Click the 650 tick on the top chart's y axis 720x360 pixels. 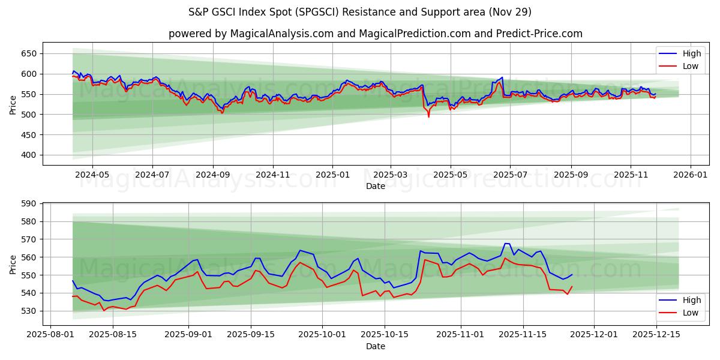[x=29, y=53]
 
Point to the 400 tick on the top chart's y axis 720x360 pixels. [x=29, y=155]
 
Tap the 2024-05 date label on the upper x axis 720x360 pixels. [x=92, y=174]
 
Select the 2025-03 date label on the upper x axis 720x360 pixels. [x=391, y=174]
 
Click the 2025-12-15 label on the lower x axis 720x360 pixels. [x=657, y=334]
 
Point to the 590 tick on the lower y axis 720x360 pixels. [x=29, y=204]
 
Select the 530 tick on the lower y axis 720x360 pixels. [x=29, y=311]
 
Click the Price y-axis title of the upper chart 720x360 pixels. [x=13, y=104]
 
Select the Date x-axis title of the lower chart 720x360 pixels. [x=375, y=346]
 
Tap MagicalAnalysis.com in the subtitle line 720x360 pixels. [x=282, y=34]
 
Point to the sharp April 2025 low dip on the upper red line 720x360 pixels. [x=428, y=116]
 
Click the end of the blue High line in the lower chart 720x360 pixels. [x=572, y=275]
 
